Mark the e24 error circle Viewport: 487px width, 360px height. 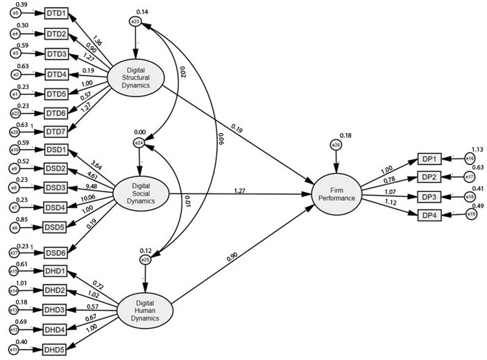pyautogui.click(x=139, y=144)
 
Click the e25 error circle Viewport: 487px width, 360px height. pyautogui.click(x=145, y=259)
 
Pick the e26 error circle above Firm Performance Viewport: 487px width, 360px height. pyautogui.click(x=337, y=146)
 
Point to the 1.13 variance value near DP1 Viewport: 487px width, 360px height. pyautogui.click(x=477, y=148)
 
